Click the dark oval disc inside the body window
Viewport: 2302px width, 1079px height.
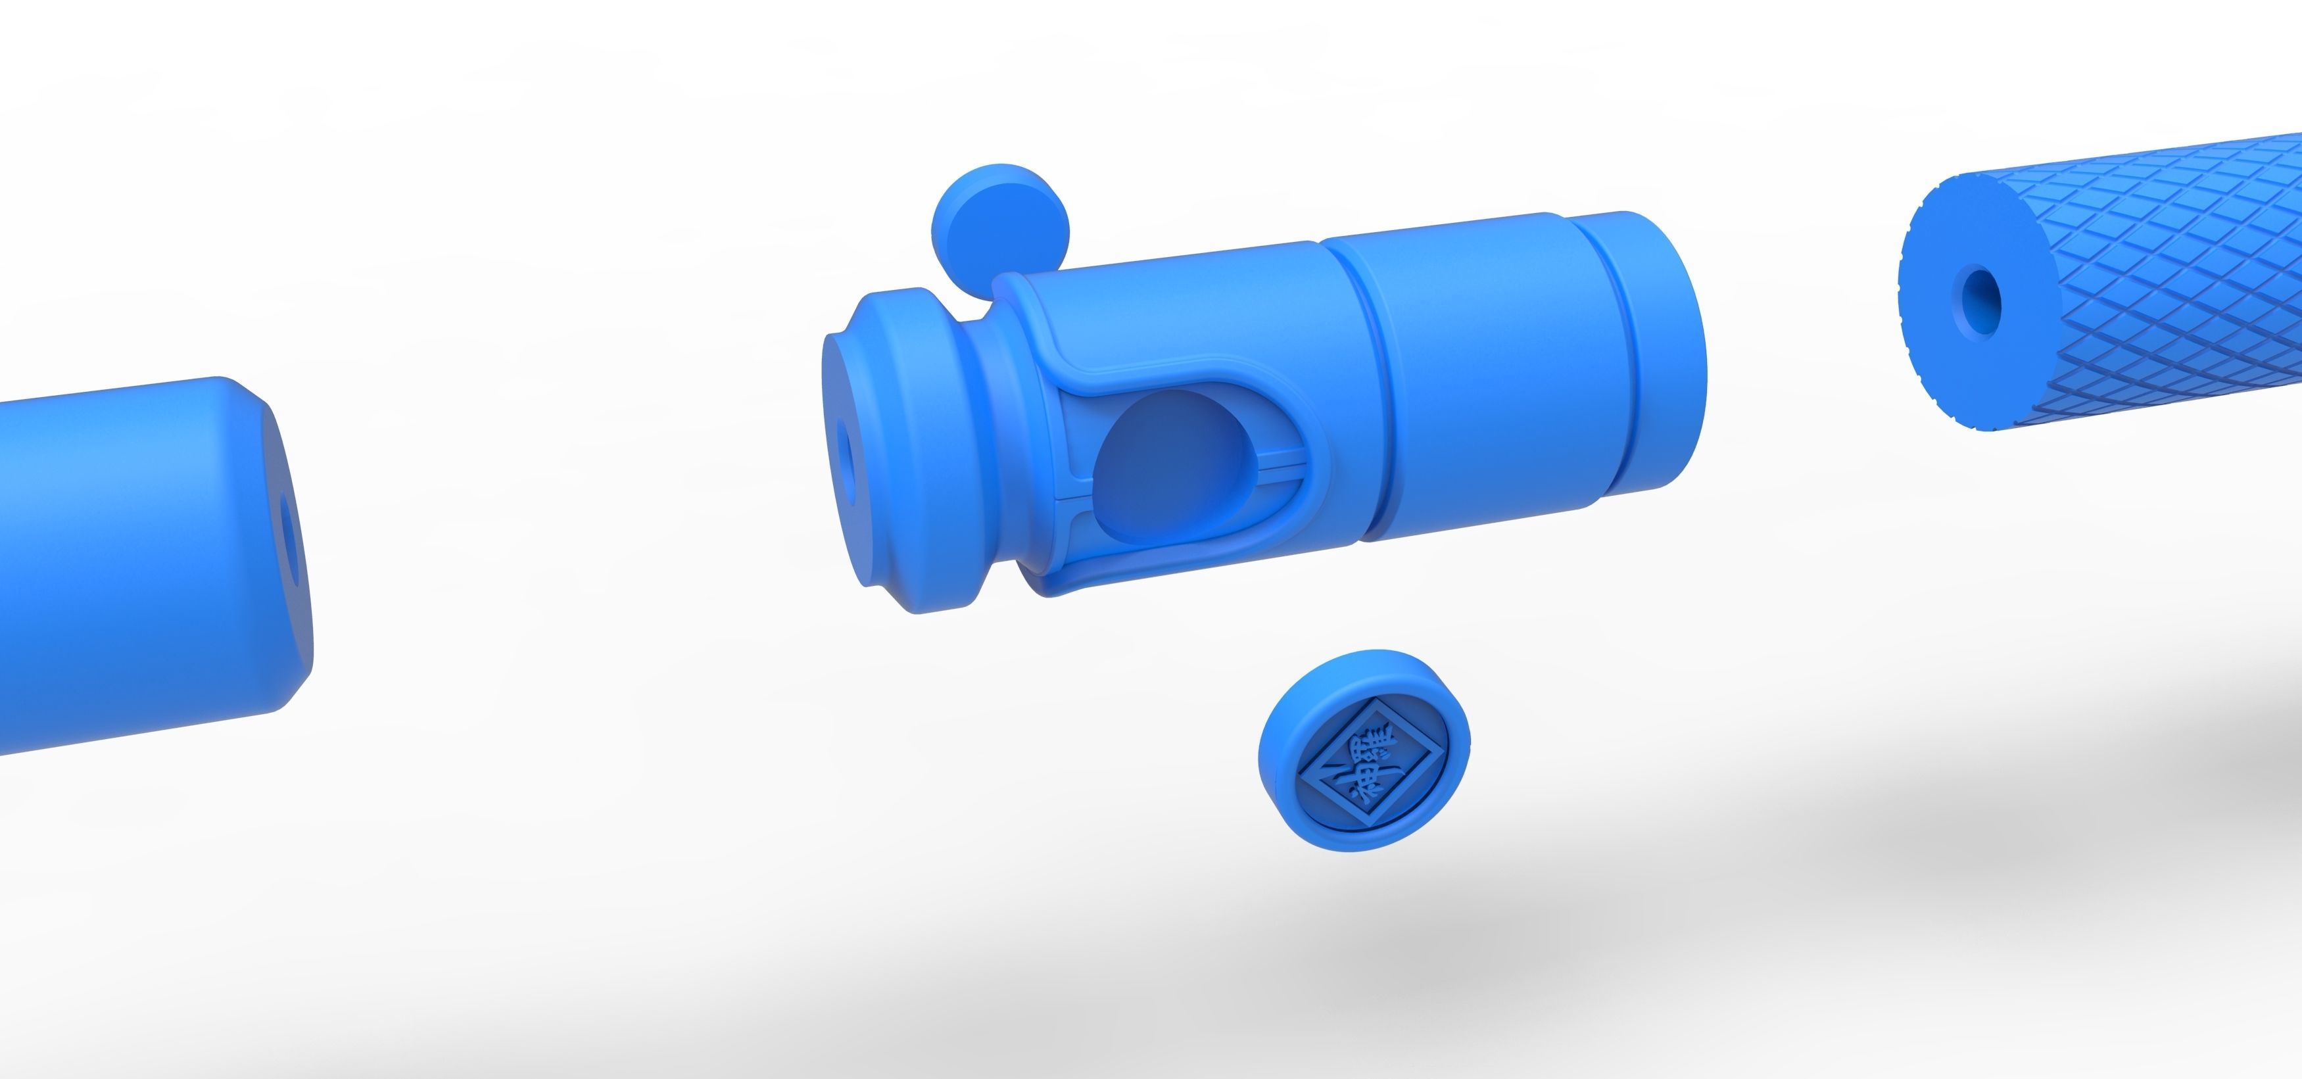click(x=1162, y=465)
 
